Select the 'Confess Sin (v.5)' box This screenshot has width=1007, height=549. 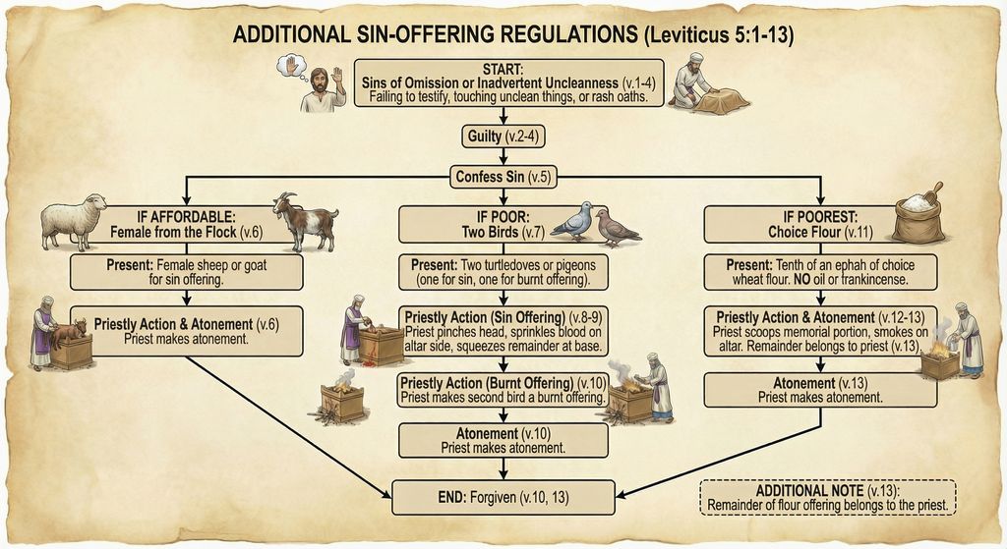[x=503, y=177]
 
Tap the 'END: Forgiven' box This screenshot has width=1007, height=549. [x=503, y=496]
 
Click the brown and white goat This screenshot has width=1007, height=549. [x=304, y=221]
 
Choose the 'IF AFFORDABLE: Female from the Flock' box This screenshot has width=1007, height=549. [x=186, y=225]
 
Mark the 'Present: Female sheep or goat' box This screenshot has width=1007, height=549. [x=186, y=271]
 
